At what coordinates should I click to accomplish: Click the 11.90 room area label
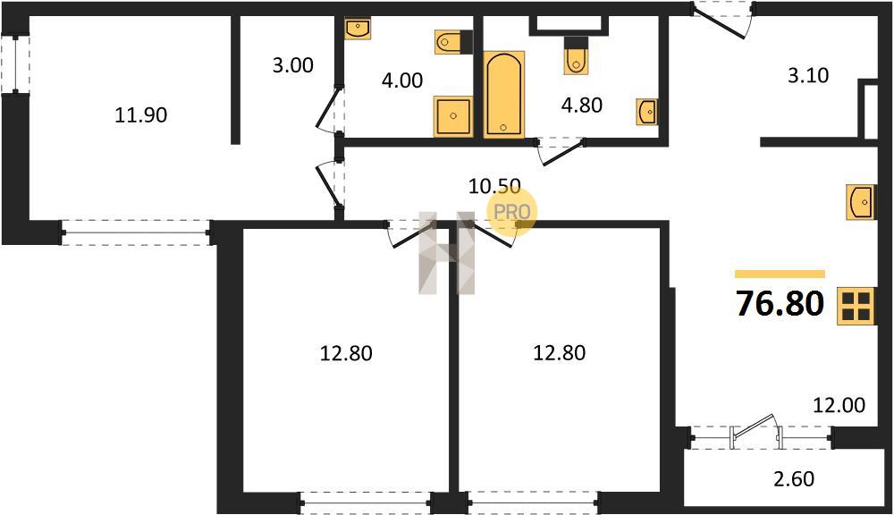tap(141, 115)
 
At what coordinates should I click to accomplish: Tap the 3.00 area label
tap(292, 65)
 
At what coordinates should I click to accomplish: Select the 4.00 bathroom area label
tap(402, 80)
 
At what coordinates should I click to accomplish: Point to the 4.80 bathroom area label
tap(582, 105)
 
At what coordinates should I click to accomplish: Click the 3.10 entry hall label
tap(808, 75)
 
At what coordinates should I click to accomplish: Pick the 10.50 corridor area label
tap(494, 186)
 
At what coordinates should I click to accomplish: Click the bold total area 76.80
tap(780, 303)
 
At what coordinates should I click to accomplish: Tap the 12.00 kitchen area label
tap(839, 405)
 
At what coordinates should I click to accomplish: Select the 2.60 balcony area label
tap(794, 479)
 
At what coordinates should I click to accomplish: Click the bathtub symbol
tap(503, 95)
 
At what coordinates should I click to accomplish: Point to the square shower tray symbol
tap(453, 116)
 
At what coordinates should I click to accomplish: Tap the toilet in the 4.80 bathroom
tap(576, 56)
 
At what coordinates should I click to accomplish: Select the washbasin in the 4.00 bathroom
tap(358, 29)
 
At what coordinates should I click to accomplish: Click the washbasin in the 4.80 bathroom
tap(647, 112)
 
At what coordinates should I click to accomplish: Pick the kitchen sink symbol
tap(860, 202)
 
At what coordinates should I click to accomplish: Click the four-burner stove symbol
tap(856, 307)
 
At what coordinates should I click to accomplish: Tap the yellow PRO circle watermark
tap(511, 212)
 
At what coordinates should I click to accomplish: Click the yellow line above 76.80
tap(780, 274)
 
